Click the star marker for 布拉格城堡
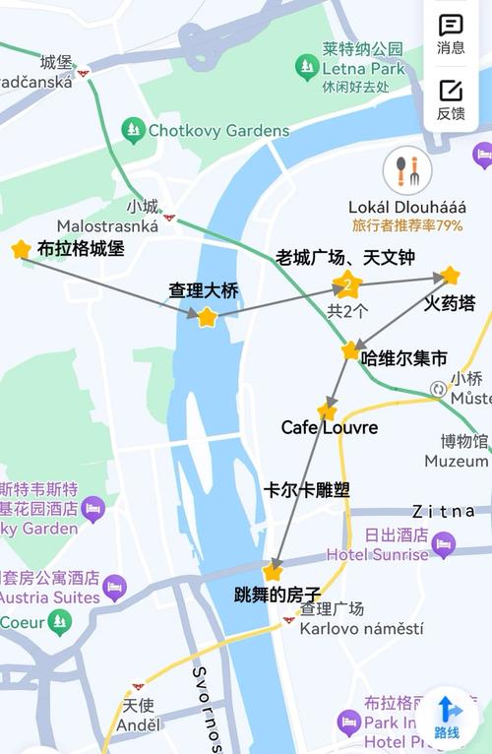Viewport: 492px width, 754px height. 21,250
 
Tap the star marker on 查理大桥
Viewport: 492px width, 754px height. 207,317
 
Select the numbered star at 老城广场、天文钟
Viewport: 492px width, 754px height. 346,286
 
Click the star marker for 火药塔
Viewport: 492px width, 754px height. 450,276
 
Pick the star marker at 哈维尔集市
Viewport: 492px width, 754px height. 350,351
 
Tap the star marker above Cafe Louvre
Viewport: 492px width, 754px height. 327,410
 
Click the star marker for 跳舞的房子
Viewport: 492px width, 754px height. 273,572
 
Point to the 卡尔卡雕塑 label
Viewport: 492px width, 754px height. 307,489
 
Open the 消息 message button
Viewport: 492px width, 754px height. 451,32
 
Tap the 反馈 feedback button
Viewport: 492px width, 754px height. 451,97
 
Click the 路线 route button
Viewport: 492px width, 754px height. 448,716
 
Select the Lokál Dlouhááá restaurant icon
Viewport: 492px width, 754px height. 407,171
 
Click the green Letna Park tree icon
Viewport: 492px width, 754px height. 307,67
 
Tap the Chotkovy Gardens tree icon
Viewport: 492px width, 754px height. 133,129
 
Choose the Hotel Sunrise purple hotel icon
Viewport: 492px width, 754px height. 444,544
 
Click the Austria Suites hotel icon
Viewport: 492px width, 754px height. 115,588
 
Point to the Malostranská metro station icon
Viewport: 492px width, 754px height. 169,217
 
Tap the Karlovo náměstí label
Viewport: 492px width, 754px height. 361,628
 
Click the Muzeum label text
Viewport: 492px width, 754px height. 456,461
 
